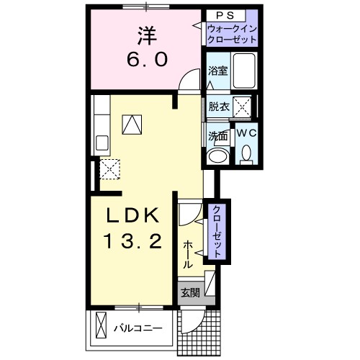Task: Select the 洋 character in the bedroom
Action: (x=148, y=34)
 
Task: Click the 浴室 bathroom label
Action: (x=217, y=71)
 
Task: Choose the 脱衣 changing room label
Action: (x=220, y=107)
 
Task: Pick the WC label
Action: (x=246, y=132)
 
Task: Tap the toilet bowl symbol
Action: (x=246, y=153)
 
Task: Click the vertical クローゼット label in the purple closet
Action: (x=215, y=230)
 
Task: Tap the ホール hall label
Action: (x=188, y=253)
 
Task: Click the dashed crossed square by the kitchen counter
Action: (x=110, y=168)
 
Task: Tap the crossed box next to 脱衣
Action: (x=243, y=107)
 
